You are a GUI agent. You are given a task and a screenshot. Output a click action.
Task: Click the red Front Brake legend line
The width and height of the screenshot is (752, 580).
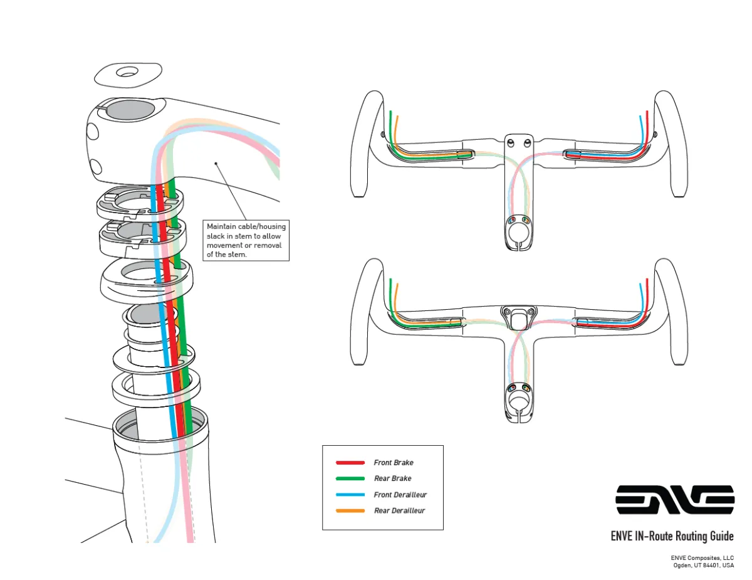point(350,463)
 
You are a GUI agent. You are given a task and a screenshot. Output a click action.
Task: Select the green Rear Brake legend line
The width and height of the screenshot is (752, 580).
point(350,478)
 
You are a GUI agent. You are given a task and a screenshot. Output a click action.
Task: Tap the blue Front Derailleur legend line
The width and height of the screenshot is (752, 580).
point(350,495)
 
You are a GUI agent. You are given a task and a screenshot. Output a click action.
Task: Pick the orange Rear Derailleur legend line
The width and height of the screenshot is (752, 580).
point(350,510)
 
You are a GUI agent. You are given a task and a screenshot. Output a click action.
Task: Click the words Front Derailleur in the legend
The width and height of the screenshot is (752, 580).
point(400,495)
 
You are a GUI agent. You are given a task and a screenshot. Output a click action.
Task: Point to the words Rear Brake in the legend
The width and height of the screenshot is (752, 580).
point(392,478)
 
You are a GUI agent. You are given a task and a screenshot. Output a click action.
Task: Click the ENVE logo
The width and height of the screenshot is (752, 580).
point(674,499)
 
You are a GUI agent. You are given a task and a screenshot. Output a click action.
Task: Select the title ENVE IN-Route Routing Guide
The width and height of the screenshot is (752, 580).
point(672,536)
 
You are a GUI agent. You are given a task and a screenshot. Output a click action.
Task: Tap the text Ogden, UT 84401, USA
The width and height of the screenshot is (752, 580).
point(702,565)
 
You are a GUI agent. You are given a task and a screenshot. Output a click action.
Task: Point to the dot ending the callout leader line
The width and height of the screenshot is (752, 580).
point(216,163)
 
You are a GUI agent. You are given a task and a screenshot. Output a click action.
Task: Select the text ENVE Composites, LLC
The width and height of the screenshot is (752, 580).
point(702,557)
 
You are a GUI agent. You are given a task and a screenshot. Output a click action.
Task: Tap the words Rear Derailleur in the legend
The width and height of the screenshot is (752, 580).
point(399,510)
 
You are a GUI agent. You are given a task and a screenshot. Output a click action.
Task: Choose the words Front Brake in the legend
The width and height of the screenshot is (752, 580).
point(394,463)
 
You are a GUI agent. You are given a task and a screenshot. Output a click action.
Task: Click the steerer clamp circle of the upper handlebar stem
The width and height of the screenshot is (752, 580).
point(518,233)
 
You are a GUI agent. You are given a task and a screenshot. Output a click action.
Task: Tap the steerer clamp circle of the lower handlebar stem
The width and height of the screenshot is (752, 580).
point(518,400)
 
